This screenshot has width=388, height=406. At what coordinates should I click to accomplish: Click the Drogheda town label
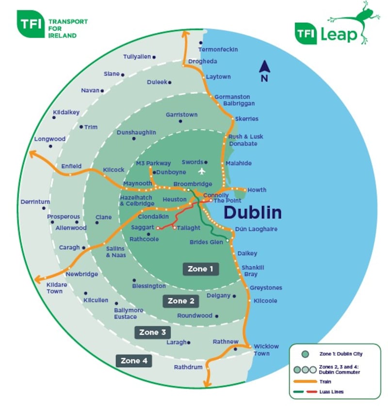(x=203, y=62)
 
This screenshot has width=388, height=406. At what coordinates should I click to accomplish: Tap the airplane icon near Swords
(x=202, y=171)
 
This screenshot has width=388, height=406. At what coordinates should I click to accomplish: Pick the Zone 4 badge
(x=133, y=361)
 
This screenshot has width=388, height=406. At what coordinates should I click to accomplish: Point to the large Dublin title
(x=252, y=212)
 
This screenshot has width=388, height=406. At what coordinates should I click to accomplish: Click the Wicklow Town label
(x=266, y=350)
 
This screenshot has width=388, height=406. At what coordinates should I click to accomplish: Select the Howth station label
(x=257, y=190)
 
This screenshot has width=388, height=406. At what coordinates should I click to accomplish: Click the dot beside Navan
(x=102, y=91)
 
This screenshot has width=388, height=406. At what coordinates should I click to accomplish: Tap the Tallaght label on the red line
(x=189, y=227)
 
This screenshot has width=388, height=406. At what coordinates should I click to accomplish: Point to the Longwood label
(x=49, y=139)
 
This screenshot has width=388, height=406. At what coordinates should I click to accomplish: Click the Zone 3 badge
(x=152, y=332)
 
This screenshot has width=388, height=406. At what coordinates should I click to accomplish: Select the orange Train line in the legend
(x=304, y=382)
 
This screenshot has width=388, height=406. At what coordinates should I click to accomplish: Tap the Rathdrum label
(x=188, y=367)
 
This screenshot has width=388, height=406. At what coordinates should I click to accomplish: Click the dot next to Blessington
(x=134, y=280)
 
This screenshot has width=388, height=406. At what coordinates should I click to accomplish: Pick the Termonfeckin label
(x=218, y=49)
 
